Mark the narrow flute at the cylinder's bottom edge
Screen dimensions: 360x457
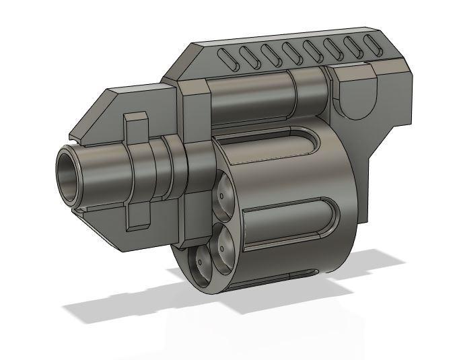(283, 277)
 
